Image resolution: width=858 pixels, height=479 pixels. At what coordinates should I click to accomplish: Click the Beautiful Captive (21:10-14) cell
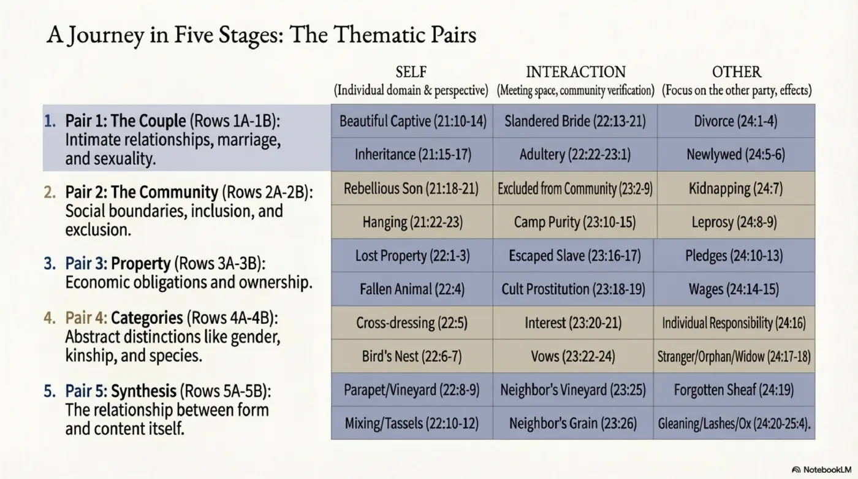(x=412, y=121)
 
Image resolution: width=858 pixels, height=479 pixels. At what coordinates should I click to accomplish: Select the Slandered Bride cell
(x=575, y=121)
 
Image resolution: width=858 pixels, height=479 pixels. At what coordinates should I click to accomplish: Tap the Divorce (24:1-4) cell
(x=735, y=121)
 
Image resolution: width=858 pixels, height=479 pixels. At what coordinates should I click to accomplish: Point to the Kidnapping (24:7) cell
(x=735, y=188)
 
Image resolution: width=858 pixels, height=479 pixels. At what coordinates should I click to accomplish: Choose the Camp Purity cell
(x=575, y=222)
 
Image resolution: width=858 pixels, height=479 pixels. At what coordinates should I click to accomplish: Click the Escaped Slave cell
(x=575, y=255)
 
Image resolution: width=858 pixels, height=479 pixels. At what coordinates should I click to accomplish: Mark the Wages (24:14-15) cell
(x=735, y=289)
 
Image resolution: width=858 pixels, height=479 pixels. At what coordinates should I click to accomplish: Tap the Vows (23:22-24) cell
(x=575, y=356)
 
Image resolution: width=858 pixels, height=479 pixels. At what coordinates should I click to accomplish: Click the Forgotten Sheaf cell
(x=735, y=389)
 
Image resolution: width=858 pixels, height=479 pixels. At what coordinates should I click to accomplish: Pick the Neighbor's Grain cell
(x=575, y=423)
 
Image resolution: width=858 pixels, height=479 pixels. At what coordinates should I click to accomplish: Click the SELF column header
(x=411, y=72)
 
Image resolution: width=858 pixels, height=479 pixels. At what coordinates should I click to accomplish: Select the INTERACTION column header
(x=575, y=72)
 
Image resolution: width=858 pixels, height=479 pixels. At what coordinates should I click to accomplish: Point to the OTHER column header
(x=736, y=72)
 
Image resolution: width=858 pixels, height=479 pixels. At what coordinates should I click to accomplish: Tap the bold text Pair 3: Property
(x=118, y=264)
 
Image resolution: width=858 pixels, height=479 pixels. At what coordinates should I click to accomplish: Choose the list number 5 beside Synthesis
(x=49, y=391)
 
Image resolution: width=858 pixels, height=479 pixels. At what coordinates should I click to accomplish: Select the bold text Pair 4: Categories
(x=124, y=318)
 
